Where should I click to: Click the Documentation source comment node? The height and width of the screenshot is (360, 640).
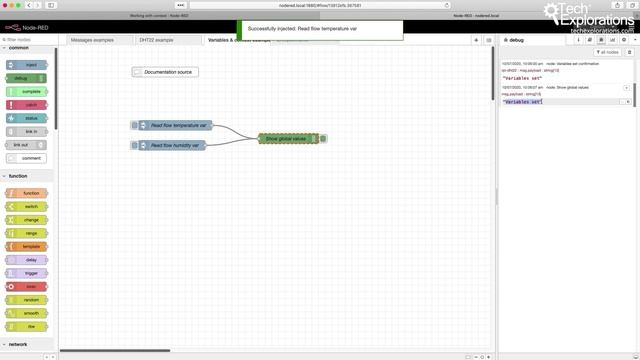165,72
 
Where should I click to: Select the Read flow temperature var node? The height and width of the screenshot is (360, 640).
171,125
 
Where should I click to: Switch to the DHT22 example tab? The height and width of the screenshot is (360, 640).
156,40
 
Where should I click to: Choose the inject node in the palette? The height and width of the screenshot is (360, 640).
30,64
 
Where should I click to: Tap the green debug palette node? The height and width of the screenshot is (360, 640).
30,77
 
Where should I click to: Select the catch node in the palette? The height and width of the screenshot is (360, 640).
30,104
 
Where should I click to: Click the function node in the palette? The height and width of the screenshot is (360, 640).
30,192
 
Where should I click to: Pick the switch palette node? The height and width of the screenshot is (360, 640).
30,206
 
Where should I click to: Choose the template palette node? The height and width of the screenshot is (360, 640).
30,246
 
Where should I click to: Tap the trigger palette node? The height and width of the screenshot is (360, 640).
30,273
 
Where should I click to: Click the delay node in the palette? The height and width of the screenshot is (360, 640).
30,259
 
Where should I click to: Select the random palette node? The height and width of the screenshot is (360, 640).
30,300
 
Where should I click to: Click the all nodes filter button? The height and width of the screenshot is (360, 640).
607,52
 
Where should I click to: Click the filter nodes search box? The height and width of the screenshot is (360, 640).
30,40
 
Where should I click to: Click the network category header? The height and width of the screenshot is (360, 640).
20,343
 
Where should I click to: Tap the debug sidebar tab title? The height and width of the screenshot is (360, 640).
516,40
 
